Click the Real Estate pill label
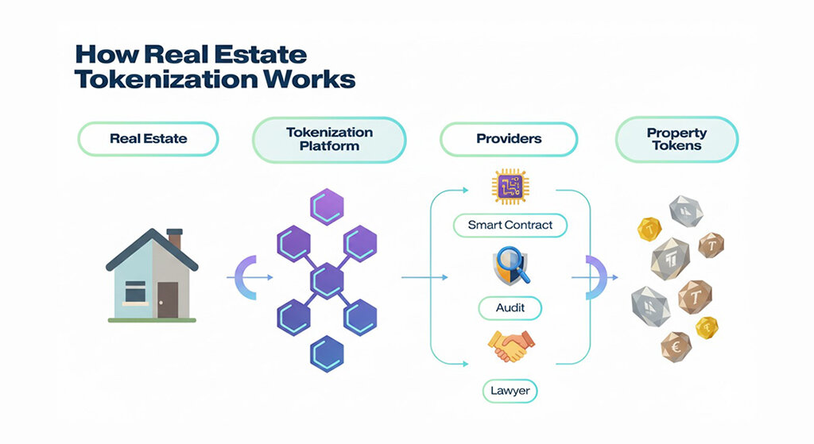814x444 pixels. (x=148, y=138)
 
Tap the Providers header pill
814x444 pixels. (x=509, y=138)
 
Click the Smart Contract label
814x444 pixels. (x=510, y=225)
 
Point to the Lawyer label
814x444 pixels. (x=510, y=390)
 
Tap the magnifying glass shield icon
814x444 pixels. (x=509, y=266)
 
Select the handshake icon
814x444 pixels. (x=510, y=347)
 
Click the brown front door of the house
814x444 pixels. (x=167, y=299)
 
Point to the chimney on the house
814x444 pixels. (x=175, y=238)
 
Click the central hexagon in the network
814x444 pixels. (x=328, y=279)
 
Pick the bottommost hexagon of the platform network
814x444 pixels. (x=326, y=350)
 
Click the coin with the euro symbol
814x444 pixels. (x=676, y=346)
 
